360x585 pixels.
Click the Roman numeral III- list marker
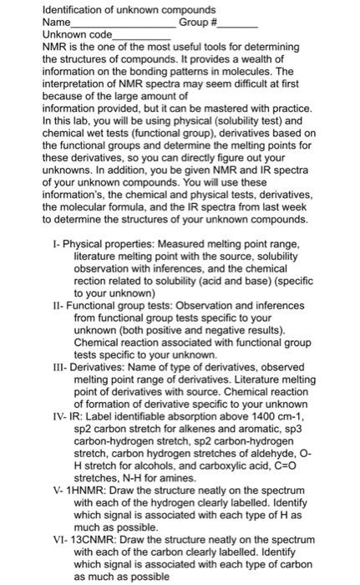[x=59, y=366]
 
